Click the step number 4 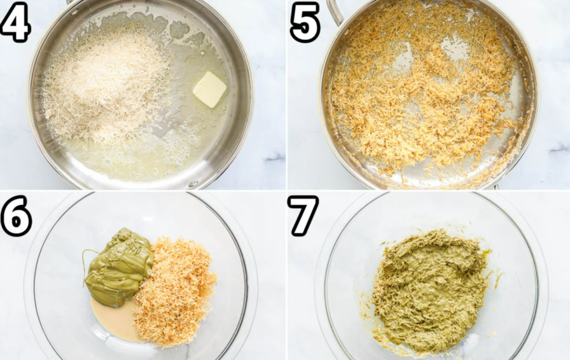[x=15, y=22]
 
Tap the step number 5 [x=304, y=22]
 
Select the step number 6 [x=16, y=216]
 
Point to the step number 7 [x=303, y=216]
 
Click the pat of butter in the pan [x=209, y=90]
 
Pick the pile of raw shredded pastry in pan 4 [x=105, y=87]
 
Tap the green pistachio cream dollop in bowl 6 [x=120, y=267]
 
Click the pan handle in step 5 [x=335, y=12]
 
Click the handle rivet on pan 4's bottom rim [x=193, y=184]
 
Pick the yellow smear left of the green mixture [x=367, y=309]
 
